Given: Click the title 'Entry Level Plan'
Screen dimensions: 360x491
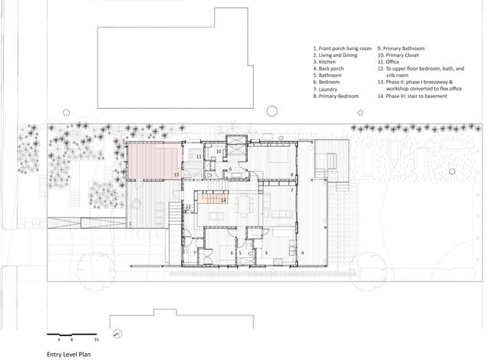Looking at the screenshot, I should click(69, 354).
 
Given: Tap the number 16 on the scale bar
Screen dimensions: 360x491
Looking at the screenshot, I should click(97, 339).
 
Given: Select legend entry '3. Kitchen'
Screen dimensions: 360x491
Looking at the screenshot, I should click(327, 63).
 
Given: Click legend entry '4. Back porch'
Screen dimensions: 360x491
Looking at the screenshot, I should click(331, 70).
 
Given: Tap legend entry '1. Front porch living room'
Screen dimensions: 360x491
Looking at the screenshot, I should click(342, 49).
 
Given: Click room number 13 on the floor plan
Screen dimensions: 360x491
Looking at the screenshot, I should click(176, 175).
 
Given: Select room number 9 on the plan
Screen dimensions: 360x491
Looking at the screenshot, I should click(229, 169).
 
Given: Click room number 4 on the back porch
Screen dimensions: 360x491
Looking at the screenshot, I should click(302, 253).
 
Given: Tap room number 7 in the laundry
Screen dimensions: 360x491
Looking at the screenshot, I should click(195, 253).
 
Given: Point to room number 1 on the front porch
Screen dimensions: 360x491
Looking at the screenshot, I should click(130, 223).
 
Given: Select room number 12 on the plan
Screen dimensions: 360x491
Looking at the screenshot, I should click(188, 206).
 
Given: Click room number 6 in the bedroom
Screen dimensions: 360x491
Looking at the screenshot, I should click(232, 253).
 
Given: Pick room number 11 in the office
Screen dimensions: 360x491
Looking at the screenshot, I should click(198, 157).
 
